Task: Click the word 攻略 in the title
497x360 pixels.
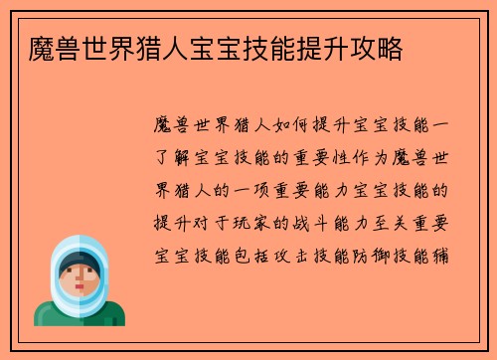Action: coord(378,49)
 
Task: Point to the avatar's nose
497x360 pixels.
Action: coord(81,280)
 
